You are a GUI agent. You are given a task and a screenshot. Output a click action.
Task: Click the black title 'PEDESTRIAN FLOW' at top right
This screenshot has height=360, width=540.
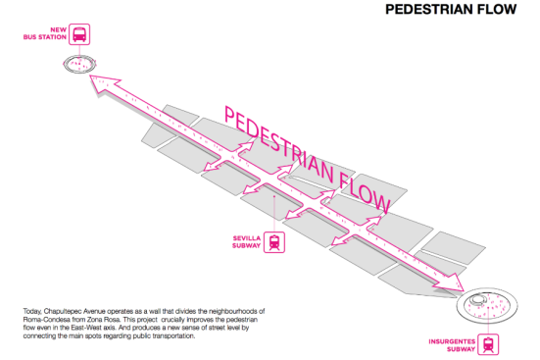(x=451, y=9)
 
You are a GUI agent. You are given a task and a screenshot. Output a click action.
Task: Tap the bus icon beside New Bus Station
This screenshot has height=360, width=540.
(x=79, y=34)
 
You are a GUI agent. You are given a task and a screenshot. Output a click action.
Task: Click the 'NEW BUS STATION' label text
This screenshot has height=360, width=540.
(x=45, y=33)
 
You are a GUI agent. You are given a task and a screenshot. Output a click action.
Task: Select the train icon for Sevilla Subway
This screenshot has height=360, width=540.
(x=274, y=242)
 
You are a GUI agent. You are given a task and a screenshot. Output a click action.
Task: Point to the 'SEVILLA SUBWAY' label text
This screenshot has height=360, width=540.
(x=247, y=241)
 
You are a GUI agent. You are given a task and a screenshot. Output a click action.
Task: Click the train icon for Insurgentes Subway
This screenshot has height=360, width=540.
(x=488, y=344)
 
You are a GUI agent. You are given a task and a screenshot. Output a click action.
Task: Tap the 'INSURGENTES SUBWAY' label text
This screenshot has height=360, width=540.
(x=452, y=345)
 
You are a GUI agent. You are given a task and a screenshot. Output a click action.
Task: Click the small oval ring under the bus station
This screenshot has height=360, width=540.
(x=64, y=64)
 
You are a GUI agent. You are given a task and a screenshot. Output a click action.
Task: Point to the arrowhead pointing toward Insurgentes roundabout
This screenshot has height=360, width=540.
(x=450, y=283)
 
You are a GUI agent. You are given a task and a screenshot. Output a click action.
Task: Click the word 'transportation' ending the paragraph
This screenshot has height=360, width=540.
(x=174, y=335)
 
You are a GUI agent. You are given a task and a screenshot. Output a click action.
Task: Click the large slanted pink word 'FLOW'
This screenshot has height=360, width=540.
(x=365, y=192)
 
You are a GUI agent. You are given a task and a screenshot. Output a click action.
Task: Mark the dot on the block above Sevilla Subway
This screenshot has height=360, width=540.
(x=274, y=196)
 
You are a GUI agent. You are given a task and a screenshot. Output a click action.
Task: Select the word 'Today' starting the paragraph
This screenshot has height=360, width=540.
(x=32, y=311)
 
